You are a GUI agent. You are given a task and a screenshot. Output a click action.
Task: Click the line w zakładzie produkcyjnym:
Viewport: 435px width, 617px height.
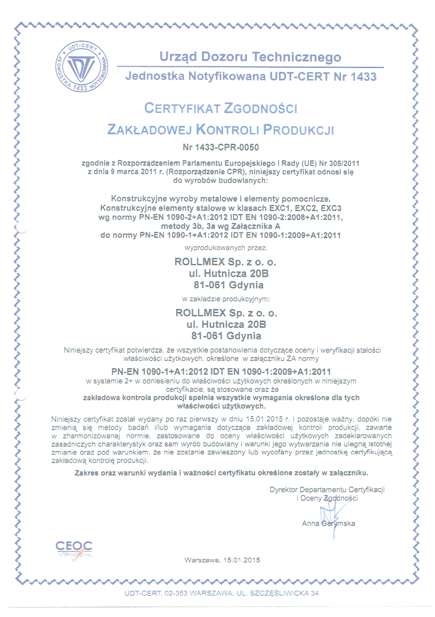point(226,299)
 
